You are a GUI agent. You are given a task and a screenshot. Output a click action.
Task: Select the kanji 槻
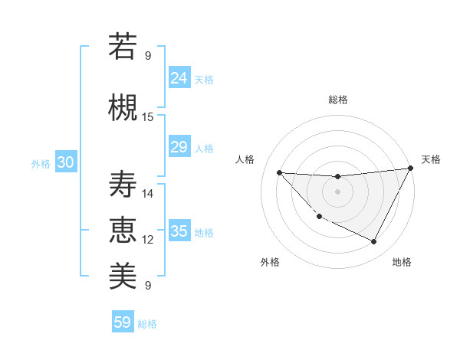(122, 106)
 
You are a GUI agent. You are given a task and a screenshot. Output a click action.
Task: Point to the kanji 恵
(122, 229)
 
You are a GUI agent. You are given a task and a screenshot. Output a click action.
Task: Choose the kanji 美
(122, 274)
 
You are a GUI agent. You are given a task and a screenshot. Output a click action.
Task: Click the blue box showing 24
(179, 78)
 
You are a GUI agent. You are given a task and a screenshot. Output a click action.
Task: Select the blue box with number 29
(179, 147)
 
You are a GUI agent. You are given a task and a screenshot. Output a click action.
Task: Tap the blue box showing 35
(179, 231)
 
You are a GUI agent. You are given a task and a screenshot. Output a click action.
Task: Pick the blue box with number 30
(65, 162)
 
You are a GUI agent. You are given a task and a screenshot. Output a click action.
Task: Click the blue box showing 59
(123, 322)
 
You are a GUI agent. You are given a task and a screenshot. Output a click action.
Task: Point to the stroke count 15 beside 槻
(148, 117)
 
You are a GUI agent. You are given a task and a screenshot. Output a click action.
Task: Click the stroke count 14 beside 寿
(148, 194)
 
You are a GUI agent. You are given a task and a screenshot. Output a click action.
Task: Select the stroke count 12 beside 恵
(148, 240)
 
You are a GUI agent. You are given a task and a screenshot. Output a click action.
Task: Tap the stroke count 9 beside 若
(148, 55)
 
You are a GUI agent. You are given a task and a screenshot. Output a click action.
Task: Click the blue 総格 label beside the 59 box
(147, 324)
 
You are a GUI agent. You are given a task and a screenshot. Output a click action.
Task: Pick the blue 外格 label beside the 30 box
(41, 164)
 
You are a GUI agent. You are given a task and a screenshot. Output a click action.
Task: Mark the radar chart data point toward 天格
(411, 169)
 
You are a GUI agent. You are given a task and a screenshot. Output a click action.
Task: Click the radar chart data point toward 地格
(374, 242)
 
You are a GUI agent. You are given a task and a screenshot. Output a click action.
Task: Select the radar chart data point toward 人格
(280, 172)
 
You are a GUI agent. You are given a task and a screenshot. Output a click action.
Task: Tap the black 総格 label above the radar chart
(338, 100)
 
